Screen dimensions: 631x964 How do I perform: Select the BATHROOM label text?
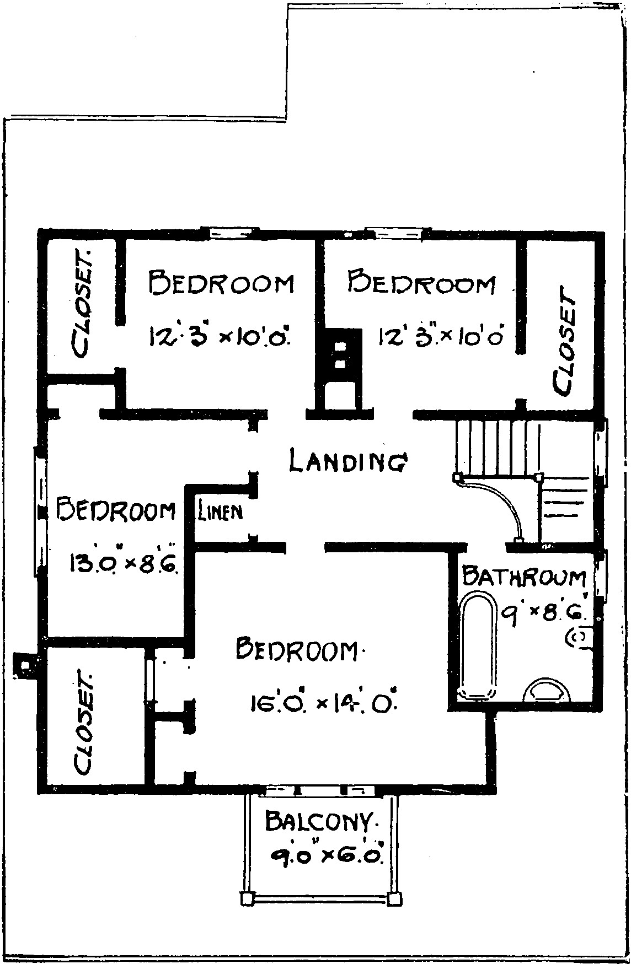(525, 576)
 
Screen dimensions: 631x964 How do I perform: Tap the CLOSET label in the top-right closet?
(564, 341)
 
